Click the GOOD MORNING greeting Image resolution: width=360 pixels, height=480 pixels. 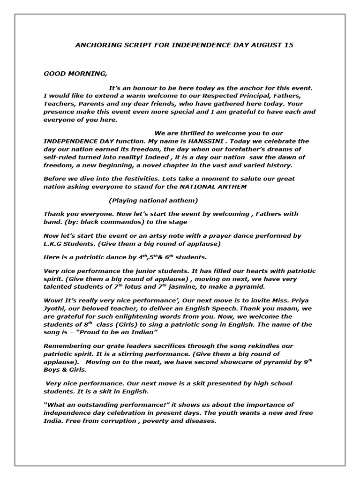(x=75, y=74)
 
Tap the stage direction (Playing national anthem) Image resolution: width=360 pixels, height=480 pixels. (x=153, y=201)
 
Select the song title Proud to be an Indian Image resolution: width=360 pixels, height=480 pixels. (x=116, y=332)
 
